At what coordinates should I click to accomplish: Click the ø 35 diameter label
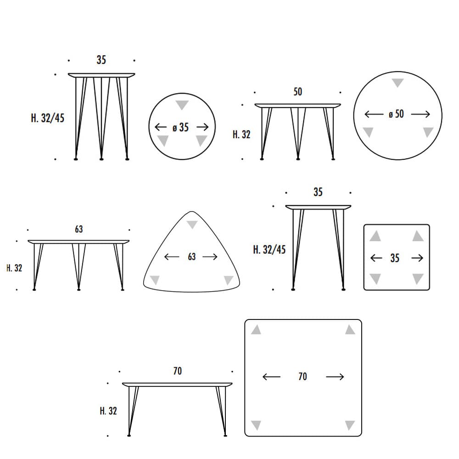point(180,127)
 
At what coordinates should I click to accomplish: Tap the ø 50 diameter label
point(397,114)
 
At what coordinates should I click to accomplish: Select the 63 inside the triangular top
point(192,257)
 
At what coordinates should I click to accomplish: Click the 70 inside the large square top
point(302,376)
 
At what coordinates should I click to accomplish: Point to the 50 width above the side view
point(298,92)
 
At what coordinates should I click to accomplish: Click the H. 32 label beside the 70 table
point(108,411)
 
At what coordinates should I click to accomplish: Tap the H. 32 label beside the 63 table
point(14,268)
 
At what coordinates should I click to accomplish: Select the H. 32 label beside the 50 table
point(241,134)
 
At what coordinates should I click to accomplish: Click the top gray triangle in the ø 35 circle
point(182,105)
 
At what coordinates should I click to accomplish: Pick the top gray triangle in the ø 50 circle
point(397,83)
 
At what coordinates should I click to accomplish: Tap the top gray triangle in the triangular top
point(192,224)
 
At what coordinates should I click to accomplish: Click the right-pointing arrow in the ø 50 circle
point(420,114)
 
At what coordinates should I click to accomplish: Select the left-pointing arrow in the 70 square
point(271,377)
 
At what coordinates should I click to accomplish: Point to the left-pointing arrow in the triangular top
point(172,257)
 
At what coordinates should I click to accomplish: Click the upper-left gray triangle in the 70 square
point(256,330)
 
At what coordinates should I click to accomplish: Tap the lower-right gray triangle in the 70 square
point(350,425)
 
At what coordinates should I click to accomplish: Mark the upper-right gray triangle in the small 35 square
point(418,235)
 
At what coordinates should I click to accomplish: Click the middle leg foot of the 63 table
point(79,290)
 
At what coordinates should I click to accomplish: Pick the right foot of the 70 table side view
point(225,436)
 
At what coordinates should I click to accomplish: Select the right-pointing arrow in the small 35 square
point(417,258)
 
